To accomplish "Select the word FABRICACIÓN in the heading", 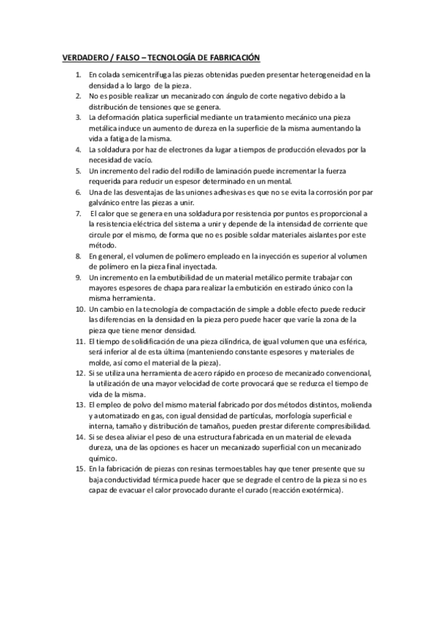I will pos(229,58).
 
